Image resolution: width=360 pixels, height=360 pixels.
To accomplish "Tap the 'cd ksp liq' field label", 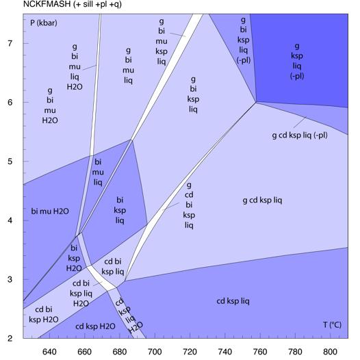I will click(x=233, y=301).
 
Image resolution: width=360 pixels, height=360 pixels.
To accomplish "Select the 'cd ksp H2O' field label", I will click(x=95, y=326).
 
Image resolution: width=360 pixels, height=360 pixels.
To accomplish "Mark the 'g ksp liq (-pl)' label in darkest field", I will click(x=297, y=61).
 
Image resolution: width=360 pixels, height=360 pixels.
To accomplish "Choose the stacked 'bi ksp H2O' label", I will click(x=74, y=259).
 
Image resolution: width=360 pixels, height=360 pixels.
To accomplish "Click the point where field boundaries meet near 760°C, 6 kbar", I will click(x=257, y=103).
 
